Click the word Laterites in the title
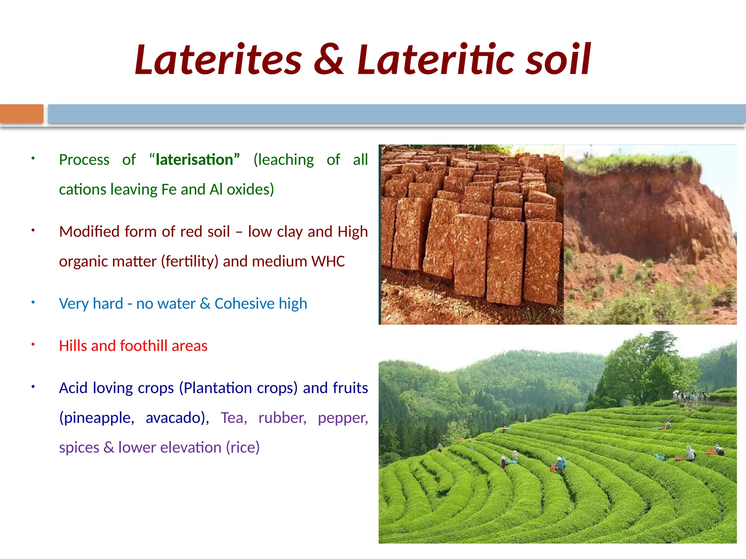218,60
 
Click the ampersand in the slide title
329,60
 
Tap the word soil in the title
558,60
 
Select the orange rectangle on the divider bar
21,114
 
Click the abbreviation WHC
328,261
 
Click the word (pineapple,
97,418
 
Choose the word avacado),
177,418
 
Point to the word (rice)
243,448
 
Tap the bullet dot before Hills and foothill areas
33,344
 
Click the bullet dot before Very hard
33,302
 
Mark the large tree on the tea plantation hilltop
652,368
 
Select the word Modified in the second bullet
89,232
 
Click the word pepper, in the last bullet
343,418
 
